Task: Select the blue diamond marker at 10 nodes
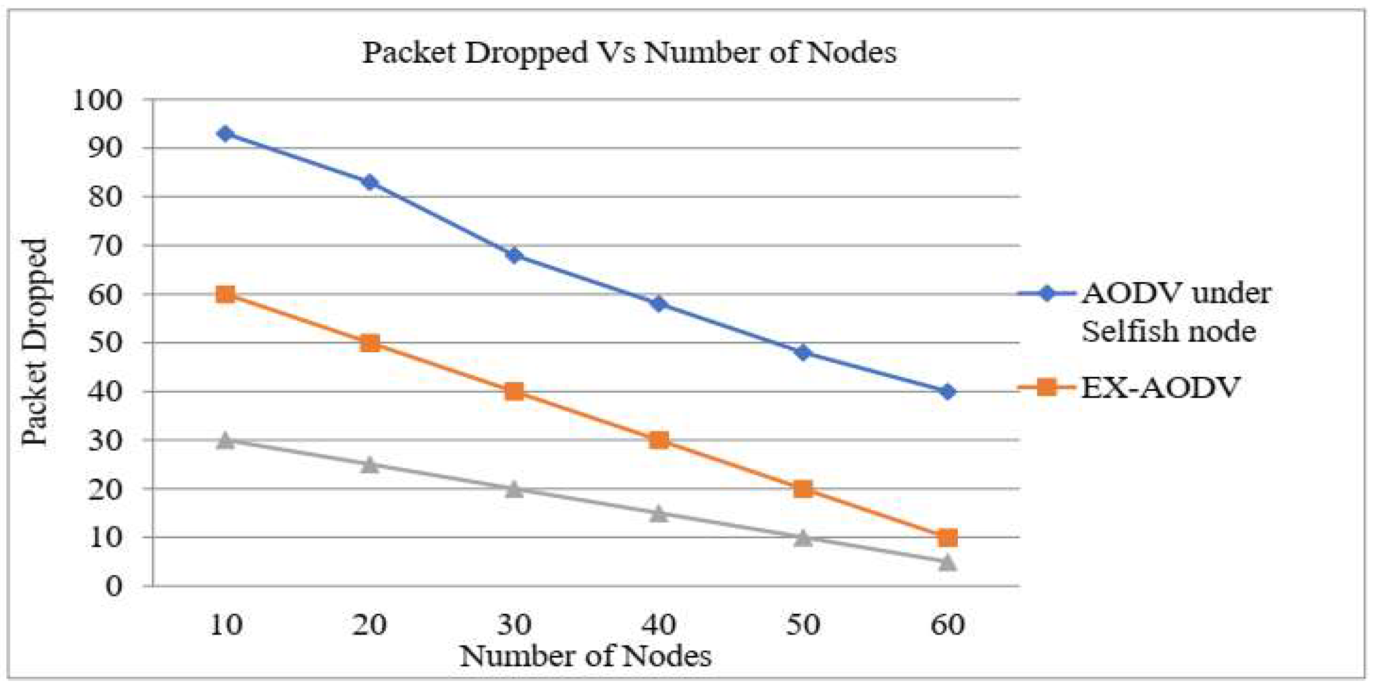pos(225,133)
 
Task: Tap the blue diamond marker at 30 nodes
pos(514,255)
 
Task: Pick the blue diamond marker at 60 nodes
pos(948,392)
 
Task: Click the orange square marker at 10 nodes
pos(225,294)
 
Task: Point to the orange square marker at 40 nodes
pos(659,440)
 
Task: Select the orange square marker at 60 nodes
pos(948,537)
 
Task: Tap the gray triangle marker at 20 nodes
pos(369,465)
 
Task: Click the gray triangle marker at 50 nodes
pos(803,538)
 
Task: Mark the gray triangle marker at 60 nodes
pos(948,562)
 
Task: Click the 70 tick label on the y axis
pos(105,246)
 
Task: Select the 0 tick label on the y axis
pos(113,587)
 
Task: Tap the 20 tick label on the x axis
pos(369,624)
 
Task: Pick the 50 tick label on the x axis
pos(803,624)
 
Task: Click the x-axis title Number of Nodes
pos(585,656)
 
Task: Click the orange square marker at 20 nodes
pos(369,343)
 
